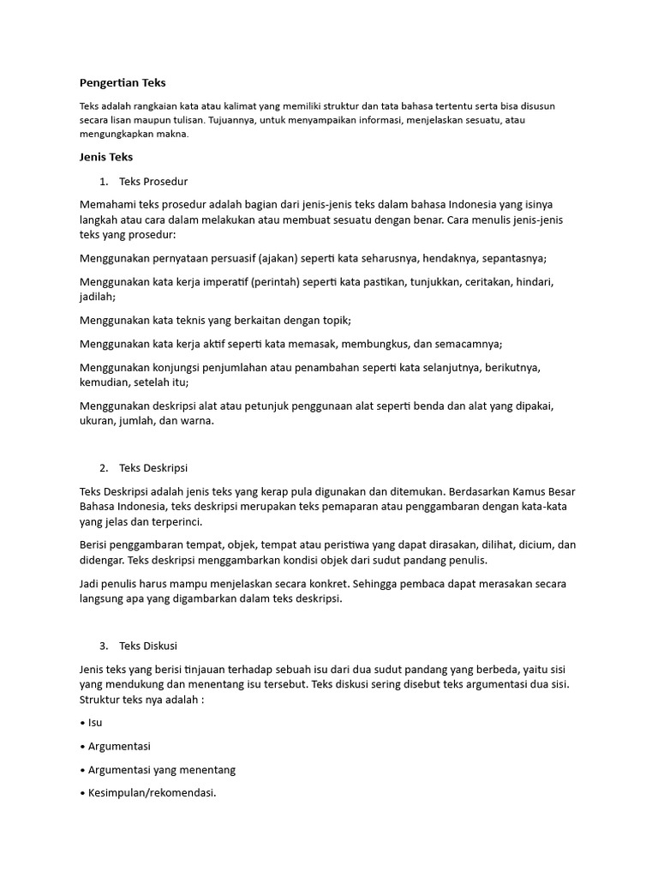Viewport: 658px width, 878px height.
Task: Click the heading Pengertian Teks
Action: pyautogui.click(x=123, y=83)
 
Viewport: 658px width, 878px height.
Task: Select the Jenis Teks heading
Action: pyautogui.click(x=106, y=157)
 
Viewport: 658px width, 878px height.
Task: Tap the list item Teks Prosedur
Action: pyautogui.click(x=153, y=182)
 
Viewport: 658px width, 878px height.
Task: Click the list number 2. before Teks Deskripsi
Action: pyautogui.click(x=103, y=468)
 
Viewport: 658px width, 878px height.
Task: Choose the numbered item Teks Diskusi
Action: pyautogui.click(x=148, y=645)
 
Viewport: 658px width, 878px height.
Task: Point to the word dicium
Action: pyautogui.click(x=533, y=545)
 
